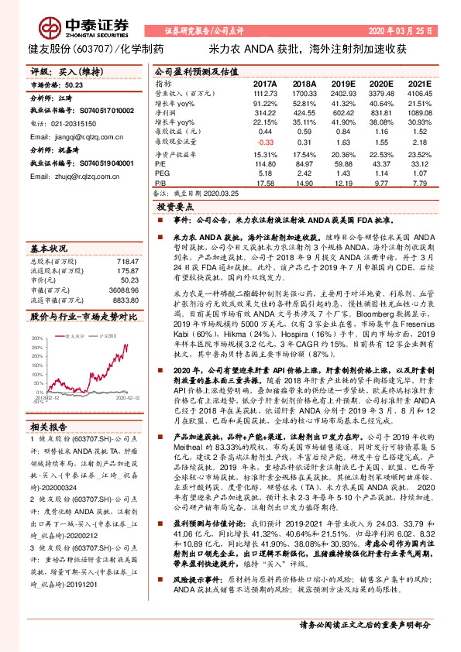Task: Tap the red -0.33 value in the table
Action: pyautogui.click(x=266, y=142)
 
